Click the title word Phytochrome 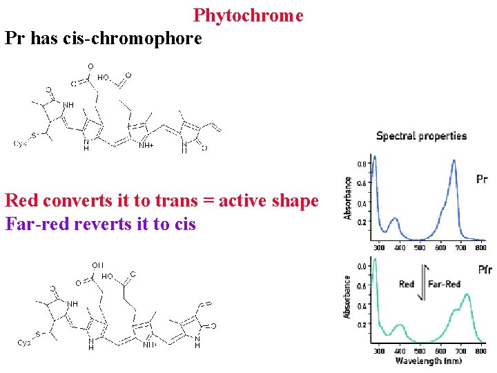coord(248,15)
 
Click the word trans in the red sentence coord(167,201)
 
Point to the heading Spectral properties coord(421,135)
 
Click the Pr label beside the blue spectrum coord(483,180)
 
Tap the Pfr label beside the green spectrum coord(485,269)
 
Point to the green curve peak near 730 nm coord(467,295)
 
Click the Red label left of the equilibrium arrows coord(407,284)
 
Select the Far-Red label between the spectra coord(445,284)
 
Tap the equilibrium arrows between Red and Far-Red coord(424,283)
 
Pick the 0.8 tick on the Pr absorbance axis coord(362,164)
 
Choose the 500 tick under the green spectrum coord(420,351)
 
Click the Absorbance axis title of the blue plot coord(349,198)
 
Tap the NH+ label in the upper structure coord(146,146)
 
